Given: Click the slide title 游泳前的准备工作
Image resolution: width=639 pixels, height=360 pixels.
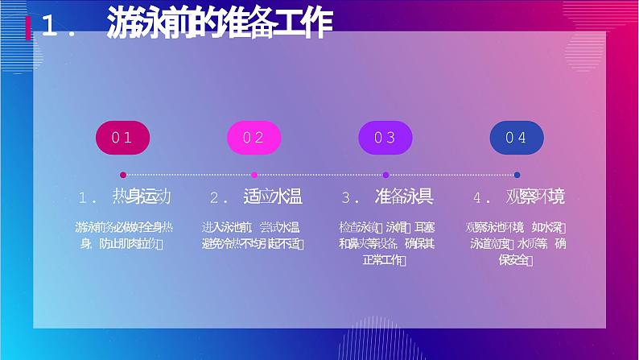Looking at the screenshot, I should click(219, 26).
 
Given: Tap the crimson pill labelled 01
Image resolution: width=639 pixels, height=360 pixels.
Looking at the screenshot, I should click(122, 138).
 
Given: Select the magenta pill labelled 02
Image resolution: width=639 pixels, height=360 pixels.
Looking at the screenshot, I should click(254, 138).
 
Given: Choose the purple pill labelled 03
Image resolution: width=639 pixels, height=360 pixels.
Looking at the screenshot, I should click(385, 138).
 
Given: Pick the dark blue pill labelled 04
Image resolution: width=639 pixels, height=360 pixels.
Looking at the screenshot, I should click(517, 138).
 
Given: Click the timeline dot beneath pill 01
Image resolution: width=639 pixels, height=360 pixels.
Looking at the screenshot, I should click(122, 175).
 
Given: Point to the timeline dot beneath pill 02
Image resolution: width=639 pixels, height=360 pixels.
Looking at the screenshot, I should click(254, 175).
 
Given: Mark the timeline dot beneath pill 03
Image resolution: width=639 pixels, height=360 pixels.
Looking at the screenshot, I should click(385, 175).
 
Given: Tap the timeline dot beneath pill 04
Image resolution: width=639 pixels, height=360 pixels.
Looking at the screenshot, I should click(517, 175).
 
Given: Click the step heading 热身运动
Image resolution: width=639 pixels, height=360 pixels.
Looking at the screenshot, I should click(142, 197).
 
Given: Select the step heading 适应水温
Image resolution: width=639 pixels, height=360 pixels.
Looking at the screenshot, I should click(272, 197).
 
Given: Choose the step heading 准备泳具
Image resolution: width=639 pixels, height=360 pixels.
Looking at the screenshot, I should click(404, 197).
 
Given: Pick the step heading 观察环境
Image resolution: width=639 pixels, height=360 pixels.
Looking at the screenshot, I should click(536, 197).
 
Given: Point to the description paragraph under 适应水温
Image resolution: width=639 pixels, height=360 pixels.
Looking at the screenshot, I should click(253, 235).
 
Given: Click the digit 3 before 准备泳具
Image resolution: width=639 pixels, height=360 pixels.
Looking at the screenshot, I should click(344, 198).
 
